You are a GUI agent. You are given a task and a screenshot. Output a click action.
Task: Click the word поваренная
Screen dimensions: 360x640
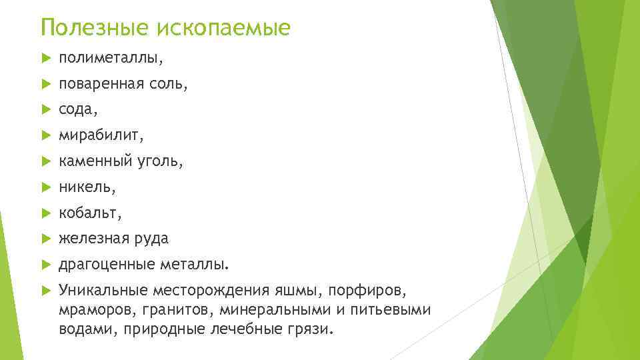click(x=100, y=85)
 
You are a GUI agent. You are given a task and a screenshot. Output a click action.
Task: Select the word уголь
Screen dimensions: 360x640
click(x=161, y=162)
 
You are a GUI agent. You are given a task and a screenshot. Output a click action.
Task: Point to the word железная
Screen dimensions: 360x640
click(x=94, y=239)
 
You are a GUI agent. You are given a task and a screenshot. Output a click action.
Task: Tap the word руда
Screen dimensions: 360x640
click(x=151, y=239)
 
